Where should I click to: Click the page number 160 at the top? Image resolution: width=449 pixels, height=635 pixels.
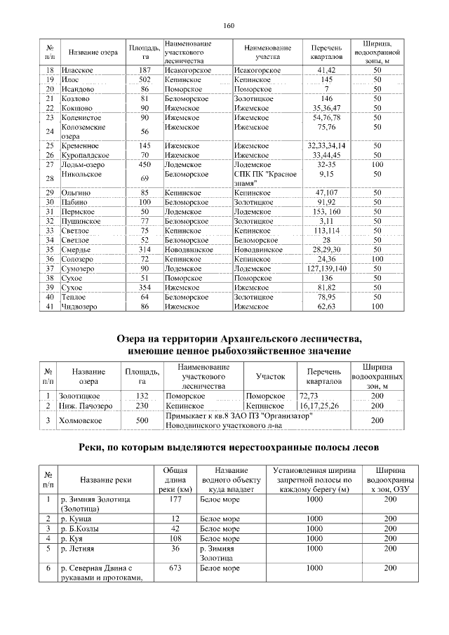pos(228,26)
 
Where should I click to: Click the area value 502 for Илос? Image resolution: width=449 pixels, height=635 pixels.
pos(145,80)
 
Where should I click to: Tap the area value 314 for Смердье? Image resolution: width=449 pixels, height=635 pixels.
pos(145,249)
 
